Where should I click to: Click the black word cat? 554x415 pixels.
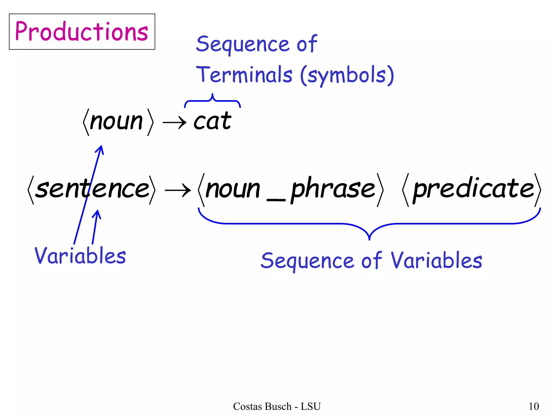(213, 121)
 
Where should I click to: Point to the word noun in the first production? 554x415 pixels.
(116, 122)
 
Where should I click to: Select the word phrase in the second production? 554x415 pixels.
(333, 189)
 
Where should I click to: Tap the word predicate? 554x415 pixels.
(473, 189)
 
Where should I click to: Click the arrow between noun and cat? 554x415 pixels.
(174, 123)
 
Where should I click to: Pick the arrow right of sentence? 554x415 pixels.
(177, 190)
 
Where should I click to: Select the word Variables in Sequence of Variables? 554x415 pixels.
(436, 260)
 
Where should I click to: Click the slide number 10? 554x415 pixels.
(534, 406)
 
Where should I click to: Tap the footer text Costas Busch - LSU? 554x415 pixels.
(277, 406)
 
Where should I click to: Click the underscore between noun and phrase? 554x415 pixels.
(276, 200)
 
